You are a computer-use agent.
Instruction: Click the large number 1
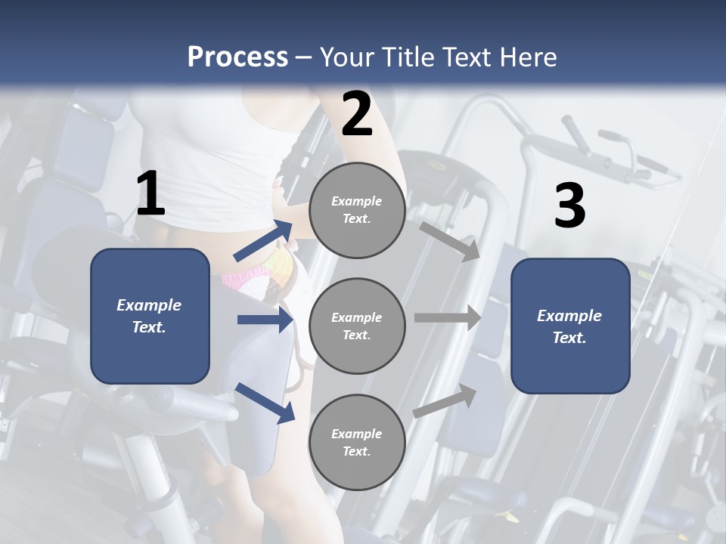click(x=150, y=194)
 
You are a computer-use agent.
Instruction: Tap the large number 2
click(x=357, y=114)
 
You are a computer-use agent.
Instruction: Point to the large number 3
click(x=569, y=206)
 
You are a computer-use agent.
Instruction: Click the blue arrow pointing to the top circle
click(x=264, y=240)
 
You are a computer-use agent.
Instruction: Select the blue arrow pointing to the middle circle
click(x=265, y=320)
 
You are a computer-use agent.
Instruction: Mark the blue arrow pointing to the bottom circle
click(x=265, y=403)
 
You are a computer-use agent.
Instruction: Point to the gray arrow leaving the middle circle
click(x=448, y=318)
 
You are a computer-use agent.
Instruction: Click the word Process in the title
click(x=237, y=57)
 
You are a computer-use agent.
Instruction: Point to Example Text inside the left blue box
click(x=149, y=316)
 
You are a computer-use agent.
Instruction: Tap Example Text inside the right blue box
click(x=569, y=326)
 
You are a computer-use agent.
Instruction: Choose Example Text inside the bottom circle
click(x=357, y=442)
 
